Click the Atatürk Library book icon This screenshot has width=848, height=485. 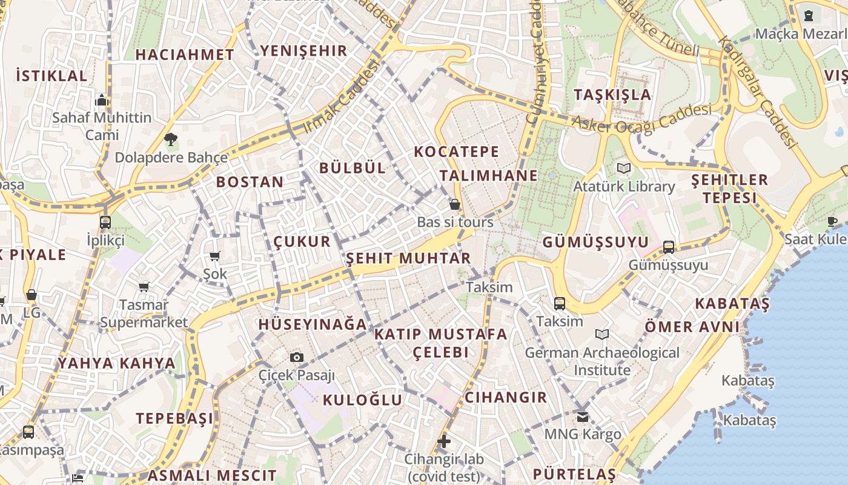coord(624,168)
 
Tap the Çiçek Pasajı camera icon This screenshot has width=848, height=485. coord(296,357)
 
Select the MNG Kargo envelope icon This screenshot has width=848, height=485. coord(583,416)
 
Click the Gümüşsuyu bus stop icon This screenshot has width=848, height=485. coord(669,247)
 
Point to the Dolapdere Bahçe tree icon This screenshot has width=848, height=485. coord(171,139)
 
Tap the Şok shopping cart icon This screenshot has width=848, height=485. coord(214,256)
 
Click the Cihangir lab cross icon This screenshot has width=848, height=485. coord(444,441)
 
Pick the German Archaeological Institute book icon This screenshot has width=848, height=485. coord(602,334)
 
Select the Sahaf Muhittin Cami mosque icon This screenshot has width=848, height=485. coord(102,99)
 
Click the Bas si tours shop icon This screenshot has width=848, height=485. coord(455,204)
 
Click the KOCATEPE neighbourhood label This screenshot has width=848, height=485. coord(457,152)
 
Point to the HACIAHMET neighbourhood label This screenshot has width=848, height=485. coord(185,55)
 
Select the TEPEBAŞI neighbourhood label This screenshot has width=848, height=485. coord(174,418)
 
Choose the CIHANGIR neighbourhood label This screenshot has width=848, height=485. coord(506,397)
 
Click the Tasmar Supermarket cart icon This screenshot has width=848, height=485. coord(144,287)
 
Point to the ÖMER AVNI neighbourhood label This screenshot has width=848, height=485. coord(692,327)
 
